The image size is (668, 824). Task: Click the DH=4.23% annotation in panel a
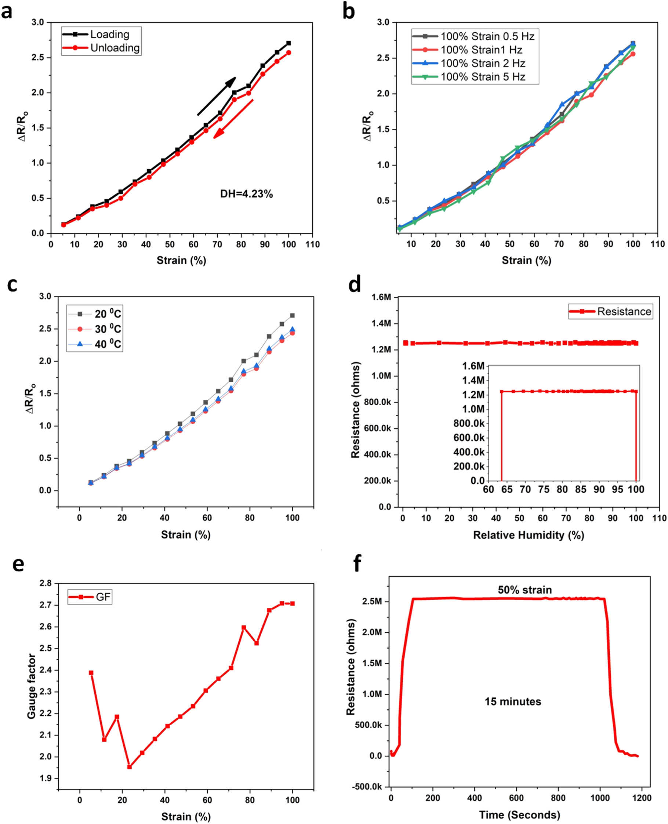click(246, 194)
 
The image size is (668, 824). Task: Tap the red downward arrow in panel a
click(233, 119)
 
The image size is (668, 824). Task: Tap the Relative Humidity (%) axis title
click(528, 535)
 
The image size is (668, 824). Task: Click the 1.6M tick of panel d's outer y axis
click(381, 297)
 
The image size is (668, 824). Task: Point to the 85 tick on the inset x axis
click(581, 489)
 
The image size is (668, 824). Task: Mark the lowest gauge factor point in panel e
click(130, 767)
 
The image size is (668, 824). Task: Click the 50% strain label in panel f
click(524, 590)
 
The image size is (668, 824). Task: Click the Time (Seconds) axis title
click(519, 814)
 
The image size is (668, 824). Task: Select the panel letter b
click(349, 11)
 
